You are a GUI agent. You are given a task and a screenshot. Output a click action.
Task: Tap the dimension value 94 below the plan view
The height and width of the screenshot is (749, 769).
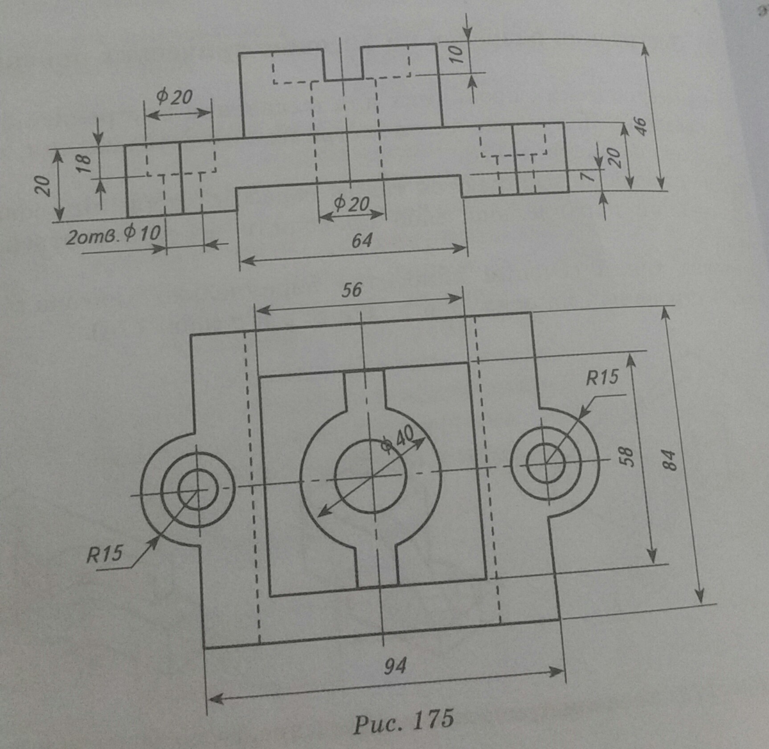click(x=395, y=667)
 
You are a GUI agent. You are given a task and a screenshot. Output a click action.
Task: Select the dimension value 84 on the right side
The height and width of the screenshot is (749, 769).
click(x=670, y=460)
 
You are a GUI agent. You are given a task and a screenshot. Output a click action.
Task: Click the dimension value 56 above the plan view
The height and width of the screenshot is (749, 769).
click(x=352, y=290)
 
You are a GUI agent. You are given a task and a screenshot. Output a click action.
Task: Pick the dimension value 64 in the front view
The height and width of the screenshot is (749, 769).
click(x=361, y=241)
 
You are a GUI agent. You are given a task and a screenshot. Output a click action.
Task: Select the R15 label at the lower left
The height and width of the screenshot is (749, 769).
click(x=104, y=554)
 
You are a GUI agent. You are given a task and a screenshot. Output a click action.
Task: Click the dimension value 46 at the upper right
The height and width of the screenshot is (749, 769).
click(x=639, y=126)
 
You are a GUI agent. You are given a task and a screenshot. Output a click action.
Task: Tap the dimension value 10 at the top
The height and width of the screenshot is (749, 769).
click(x=456, y=53)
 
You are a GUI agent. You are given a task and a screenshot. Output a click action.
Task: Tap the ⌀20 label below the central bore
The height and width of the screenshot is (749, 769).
click(x=352, y=204)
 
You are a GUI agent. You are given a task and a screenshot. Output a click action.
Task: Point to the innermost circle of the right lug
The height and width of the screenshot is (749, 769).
click(x=546, y=463)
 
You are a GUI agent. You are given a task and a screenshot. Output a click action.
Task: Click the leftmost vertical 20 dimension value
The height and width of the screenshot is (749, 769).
click(x=43, y=186)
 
